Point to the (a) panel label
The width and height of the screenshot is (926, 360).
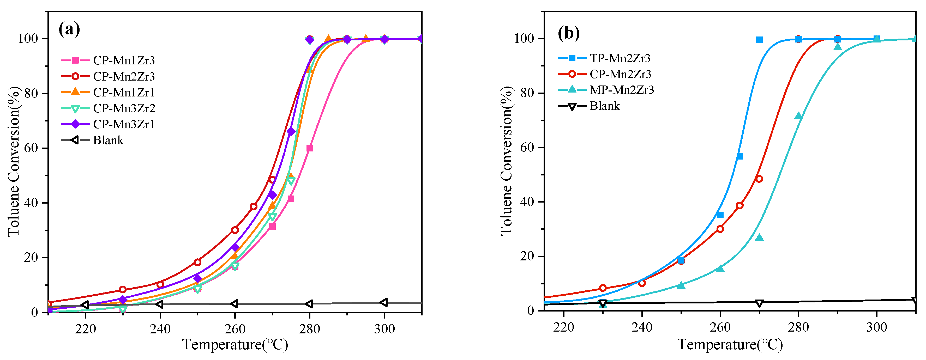(69, 29)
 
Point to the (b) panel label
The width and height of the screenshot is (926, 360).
(569, 33)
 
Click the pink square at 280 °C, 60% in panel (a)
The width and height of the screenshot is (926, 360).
(310, 148)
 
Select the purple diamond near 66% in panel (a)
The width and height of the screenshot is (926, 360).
(291, 131)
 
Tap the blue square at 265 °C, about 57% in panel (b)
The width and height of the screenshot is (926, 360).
(740, 156)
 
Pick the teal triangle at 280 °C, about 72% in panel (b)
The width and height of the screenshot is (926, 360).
(798, 116)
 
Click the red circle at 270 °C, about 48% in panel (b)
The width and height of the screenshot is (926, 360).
(759, 179)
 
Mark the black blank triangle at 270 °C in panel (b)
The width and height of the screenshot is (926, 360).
(759, 303)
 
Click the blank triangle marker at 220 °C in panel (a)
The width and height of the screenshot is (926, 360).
(85, 305)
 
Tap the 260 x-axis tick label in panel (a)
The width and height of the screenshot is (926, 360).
(235, 329)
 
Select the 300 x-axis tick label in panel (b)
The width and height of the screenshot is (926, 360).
(876, 327)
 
